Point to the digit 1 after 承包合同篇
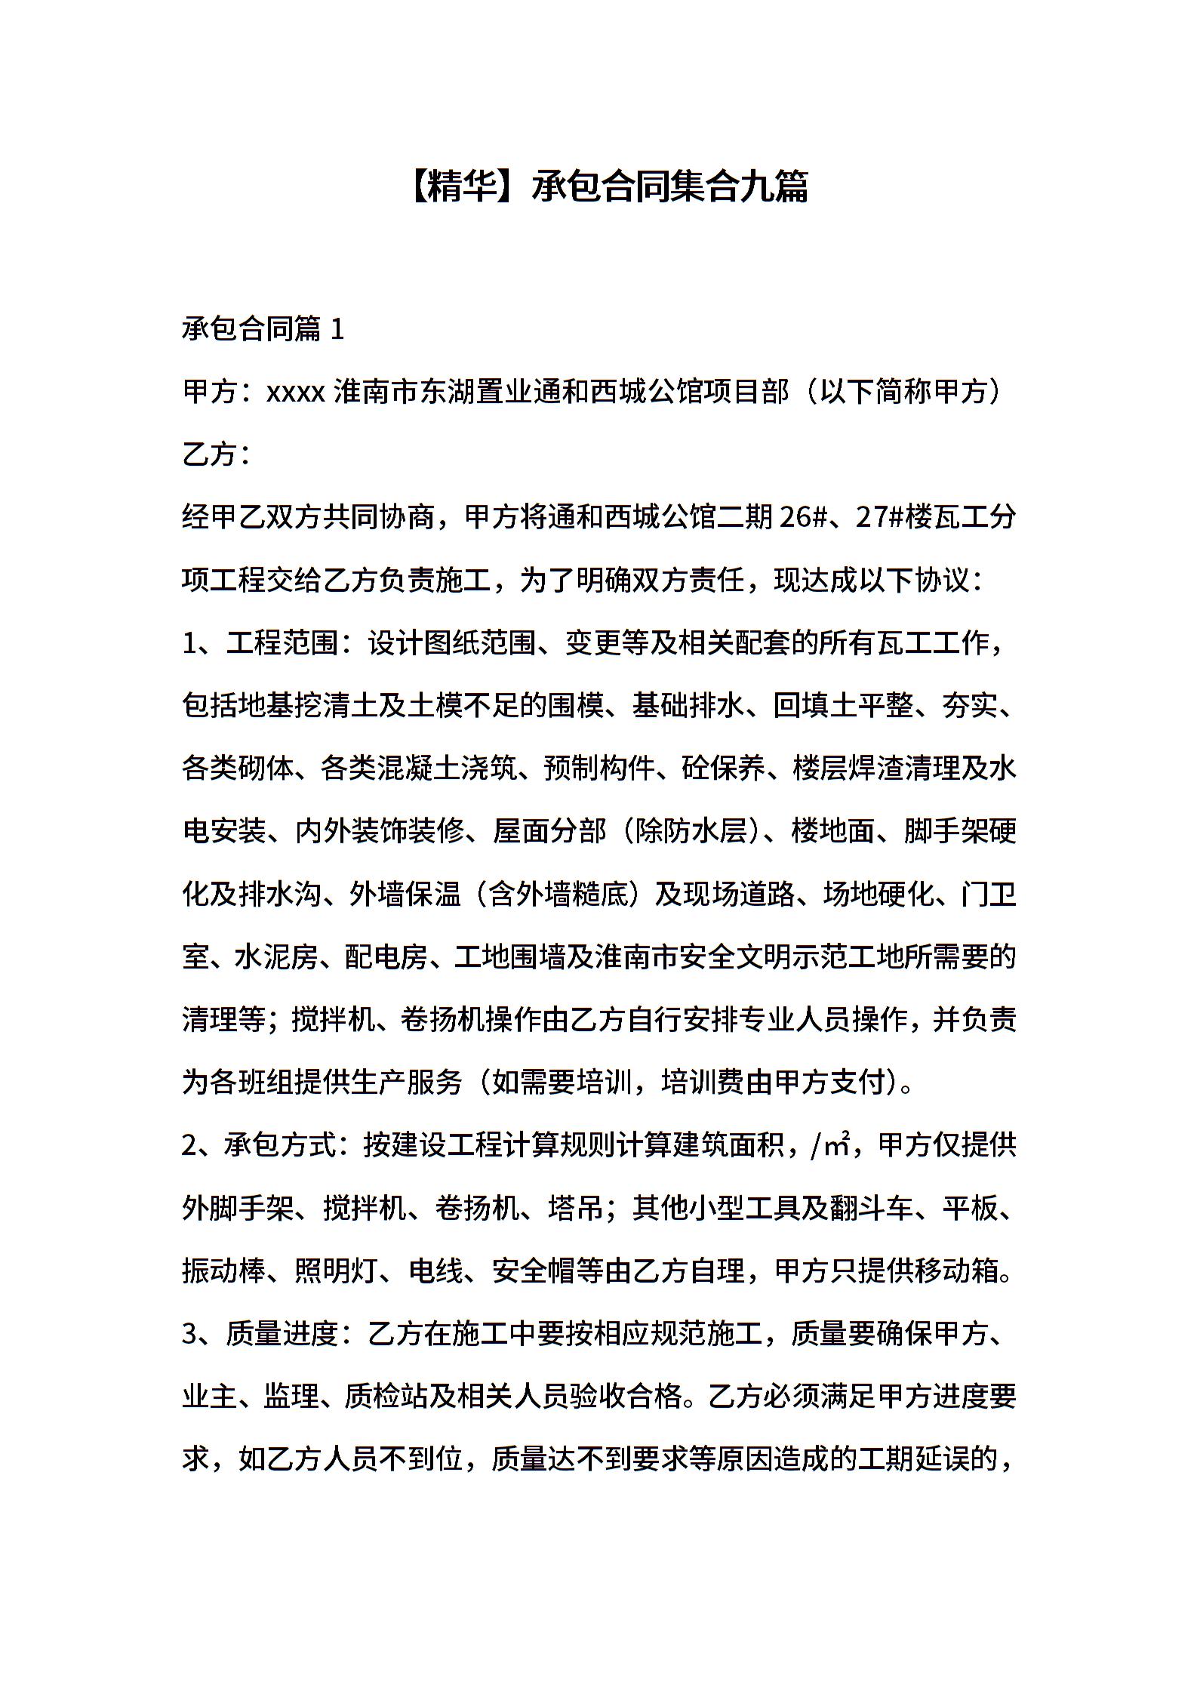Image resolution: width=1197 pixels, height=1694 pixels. (337, 330)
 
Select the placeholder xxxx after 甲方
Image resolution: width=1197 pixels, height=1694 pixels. (295, 393)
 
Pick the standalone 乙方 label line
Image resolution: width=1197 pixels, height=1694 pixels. (211, 455)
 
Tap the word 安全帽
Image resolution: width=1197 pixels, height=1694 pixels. (534, 1271)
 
